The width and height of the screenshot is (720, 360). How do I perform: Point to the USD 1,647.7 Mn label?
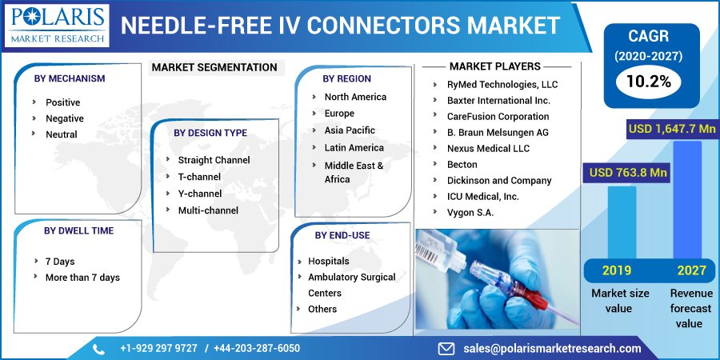[672, 129]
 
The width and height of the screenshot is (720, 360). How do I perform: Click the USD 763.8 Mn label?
[628, 172]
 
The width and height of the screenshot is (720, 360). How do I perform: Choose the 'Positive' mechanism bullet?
[62, 102]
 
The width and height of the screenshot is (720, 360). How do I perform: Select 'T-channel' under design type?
[199, 177]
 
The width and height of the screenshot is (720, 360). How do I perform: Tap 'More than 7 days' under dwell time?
[82, 278]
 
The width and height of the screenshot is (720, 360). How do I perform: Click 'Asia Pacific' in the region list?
[349, 130]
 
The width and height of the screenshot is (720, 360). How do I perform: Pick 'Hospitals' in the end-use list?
[328, 261]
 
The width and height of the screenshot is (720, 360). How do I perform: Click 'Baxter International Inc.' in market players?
[498, 101]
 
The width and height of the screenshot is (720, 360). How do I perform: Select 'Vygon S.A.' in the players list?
[470, 213]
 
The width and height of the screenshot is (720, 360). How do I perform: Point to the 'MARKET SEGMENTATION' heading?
[214, 67]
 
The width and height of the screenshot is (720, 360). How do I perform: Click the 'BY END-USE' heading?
[342, 235]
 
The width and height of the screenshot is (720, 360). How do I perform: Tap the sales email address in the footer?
[552, 349]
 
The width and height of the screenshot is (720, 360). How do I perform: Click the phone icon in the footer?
[99, 349]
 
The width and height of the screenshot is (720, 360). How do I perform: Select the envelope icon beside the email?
[446, 349]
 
